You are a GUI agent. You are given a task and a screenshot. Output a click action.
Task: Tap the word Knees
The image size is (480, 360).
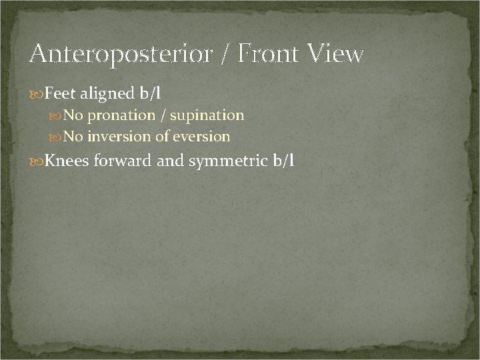[67, 162]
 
